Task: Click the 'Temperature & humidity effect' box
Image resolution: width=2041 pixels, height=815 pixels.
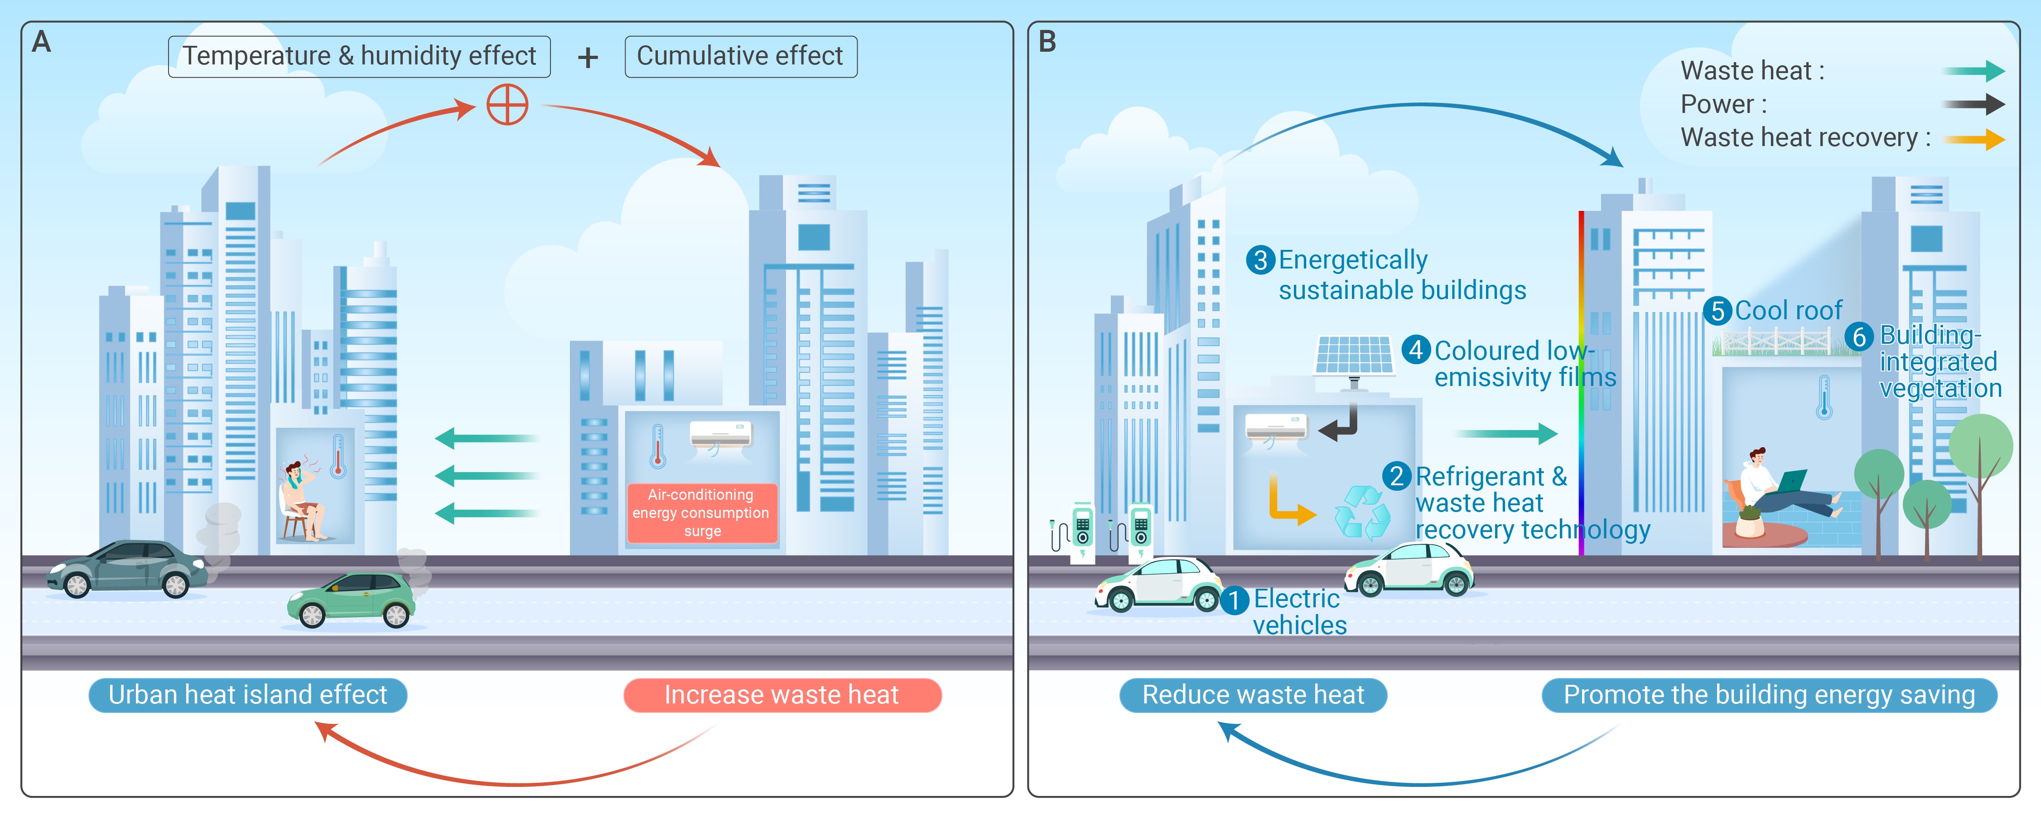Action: pyautogui.click(x=359, y=56)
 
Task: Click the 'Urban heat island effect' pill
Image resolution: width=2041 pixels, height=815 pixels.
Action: pyautogui.click(x=247, y=694)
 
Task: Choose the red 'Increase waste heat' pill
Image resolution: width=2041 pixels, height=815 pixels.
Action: pyautogui.click(x=782, y=694)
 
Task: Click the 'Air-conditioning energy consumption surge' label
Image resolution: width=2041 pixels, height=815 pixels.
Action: pyautogui.click(x=701, y=513)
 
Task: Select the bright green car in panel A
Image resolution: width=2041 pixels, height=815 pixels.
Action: pyautogui.click(x=351, y=600)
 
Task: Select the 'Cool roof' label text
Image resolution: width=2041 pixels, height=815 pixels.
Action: pyautogui.click(x=1788, y=311)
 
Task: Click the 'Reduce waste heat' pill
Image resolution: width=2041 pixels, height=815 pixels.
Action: pyautogui.click(x=1253, y=694)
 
